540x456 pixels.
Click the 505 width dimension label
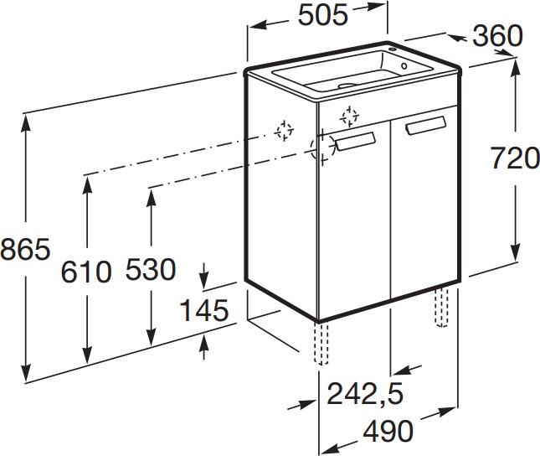pos(323,16)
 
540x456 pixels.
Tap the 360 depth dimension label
pos(497,36)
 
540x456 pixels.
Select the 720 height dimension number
pos(515,158)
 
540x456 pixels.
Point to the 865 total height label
pos(25,249)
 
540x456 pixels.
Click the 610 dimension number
pos(86,272)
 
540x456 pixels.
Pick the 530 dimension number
pos(151,269)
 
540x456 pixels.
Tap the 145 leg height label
pos(204,310)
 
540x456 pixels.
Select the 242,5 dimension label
pos(365,394)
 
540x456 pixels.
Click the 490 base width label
pos(388,431)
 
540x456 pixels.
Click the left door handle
pos(355,141)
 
